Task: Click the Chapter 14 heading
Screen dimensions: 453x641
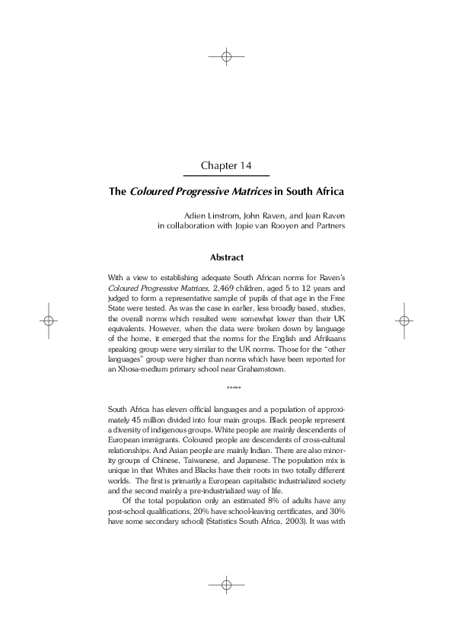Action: point(226,165)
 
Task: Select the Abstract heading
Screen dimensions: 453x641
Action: point(226,258)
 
